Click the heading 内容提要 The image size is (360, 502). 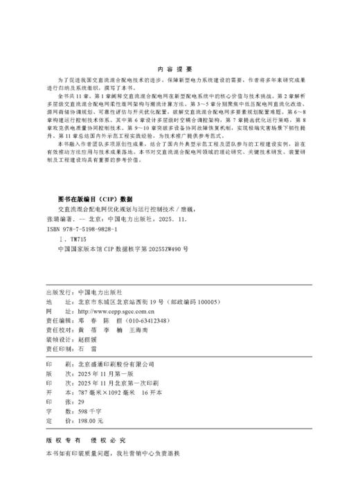(x=179, y=69)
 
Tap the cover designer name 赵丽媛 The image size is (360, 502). (x=87, y=321)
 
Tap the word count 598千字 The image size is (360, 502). (x=89, y=411)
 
